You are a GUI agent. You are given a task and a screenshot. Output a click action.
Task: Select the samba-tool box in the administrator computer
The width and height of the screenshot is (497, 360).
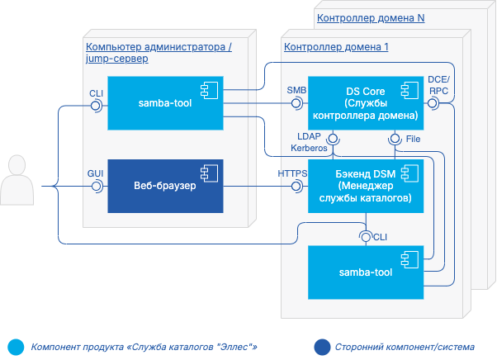166,105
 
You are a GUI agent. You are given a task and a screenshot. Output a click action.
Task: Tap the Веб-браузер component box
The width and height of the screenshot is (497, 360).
166,187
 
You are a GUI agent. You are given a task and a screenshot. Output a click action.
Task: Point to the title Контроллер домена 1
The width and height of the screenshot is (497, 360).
336,47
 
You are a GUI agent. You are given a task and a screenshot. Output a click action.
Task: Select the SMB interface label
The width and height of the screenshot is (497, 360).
296,89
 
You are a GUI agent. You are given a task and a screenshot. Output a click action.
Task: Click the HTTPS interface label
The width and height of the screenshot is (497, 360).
293,173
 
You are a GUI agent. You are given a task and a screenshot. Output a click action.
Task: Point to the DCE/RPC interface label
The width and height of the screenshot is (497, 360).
438,83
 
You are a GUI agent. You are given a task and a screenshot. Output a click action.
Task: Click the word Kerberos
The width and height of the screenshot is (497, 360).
309,148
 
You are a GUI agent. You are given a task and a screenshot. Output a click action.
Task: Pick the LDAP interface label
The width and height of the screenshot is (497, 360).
310,136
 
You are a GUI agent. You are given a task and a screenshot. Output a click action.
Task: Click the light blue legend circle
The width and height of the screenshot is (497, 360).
14,346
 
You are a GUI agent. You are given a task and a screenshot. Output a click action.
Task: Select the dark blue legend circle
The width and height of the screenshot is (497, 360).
320,346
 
